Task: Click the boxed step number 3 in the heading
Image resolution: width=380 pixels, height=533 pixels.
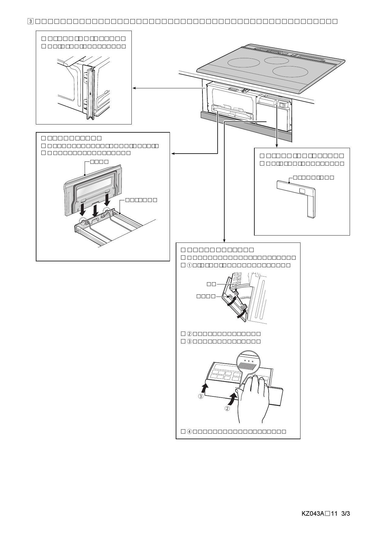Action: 31,21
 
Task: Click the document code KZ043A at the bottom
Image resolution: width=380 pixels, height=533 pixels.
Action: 313,514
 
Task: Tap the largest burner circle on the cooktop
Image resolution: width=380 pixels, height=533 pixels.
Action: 290,72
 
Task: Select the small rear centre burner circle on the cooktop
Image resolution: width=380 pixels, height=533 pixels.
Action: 276,60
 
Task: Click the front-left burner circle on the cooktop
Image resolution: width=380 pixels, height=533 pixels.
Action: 243,63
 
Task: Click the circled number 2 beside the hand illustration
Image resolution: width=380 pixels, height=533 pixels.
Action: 227,409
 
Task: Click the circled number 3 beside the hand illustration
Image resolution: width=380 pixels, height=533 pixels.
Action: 201,396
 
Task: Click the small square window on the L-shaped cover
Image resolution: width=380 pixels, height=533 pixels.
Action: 302,191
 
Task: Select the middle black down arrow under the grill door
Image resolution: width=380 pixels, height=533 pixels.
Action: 95,209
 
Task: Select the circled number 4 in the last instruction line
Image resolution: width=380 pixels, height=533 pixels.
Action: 189,431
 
